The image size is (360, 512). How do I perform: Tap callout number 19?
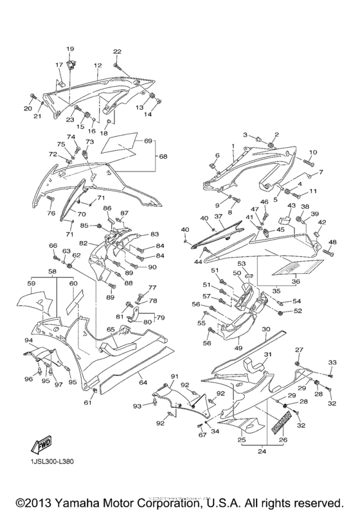click(70, 49)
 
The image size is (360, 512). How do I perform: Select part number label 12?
click(98, 66)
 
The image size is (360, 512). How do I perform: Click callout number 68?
click(163, 156)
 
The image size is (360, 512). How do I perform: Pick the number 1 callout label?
click(232, 147)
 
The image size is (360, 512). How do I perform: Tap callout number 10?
click(313, 152)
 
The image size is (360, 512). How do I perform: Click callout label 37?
click(218, 216)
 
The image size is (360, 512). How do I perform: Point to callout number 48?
click(332, 242)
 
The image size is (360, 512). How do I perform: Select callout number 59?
click(30, 282)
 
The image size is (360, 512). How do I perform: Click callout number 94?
click(28, 340)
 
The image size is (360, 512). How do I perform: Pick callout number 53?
click(242, 263)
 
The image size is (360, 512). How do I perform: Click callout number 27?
click(298, 349)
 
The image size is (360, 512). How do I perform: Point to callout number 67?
click(201, 436)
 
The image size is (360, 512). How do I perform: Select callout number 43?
click(291, 206)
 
